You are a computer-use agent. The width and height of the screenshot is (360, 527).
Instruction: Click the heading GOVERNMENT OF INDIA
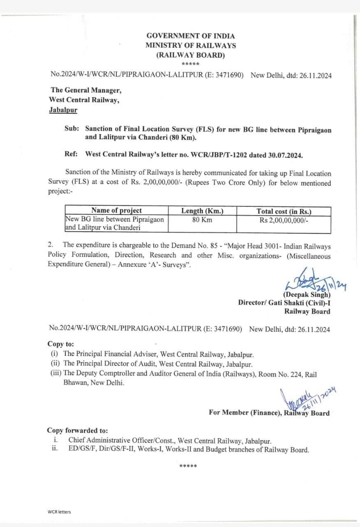[190, 36]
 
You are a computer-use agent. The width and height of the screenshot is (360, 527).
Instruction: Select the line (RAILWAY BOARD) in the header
[190, 55]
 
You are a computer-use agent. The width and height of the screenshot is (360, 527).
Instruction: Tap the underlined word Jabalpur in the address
[63, 110]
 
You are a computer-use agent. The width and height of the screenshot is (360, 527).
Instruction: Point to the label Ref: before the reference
[72, 154]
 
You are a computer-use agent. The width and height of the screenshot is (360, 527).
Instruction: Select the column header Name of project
[116, 211]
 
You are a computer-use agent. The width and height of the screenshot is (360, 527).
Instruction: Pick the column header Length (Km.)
[202, 211]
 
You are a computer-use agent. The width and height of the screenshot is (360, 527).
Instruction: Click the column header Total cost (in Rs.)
[284, 211]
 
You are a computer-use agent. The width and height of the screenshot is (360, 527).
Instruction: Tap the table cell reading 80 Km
[202, 219]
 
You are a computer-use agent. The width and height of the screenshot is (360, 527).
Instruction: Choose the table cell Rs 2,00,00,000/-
[284, 220]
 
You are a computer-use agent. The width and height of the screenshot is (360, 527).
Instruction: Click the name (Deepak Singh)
[306, 294]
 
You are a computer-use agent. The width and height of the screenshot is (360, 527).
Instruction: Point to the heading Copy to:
[61, 344]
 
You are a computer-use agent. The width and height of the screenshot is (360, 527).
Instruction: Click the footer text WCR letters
[59, 512]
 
